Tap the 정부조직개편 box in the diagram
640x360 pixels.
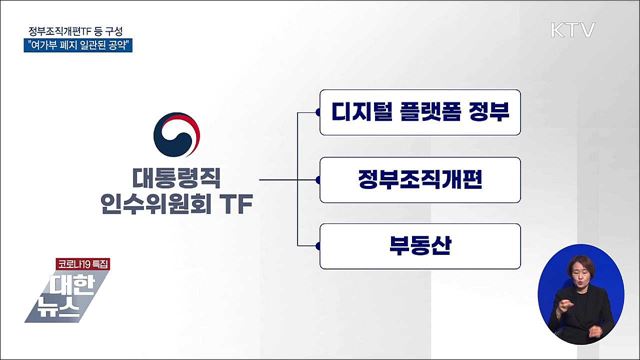421,181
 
